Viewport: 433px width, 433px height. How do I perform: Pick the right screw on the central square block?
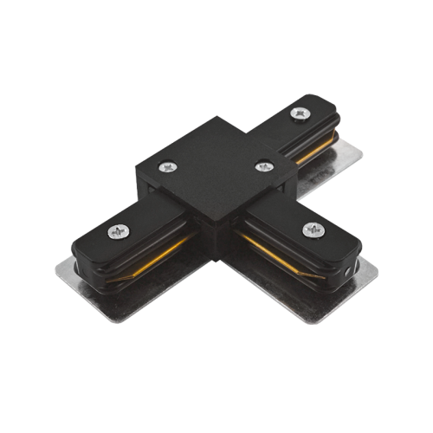click(x=260, y=162)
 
